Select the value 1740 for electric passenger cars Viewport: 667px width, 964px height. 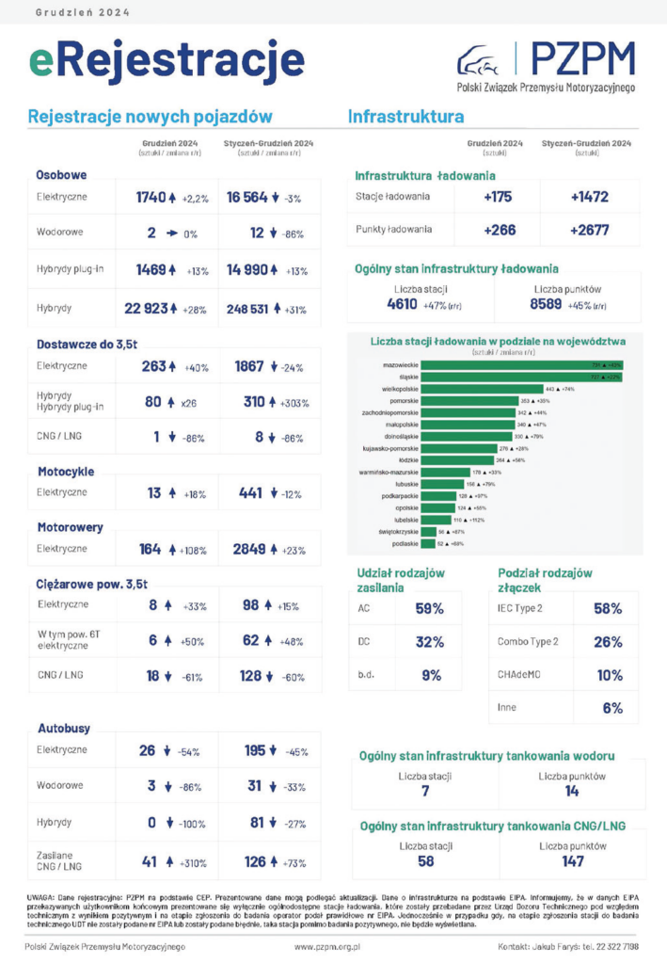[151, 198]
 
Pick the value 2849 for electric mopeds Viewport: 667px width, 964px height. [254, 549]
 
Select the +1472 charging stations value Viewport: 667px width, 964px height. [589, 197]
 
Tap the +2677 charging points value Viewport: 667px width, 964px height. [589, 230]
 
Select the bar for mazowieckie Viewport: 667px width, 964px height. [522, 363]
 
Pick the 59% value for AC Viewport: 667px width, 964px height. [430, 608]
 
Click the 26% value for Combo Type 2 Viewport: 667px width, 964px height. [609, 642]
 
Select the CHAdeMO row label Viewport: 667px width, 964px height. [514, 674]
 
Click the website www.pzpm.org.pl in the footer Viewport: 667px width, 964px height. [327, 945]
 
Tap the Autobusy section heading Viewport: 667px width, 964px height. [64, 728]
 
